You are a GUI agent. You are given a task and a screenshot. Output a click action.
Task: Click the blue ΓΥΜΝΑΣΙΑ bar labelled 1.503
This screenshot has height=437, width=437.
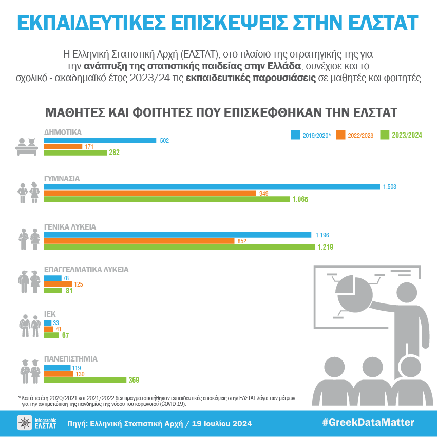tap(212, 186)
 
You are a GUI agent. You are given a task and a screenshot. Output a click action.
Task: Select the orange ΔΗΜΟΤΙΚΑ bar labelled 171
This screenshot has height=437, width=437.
tap(63, 147)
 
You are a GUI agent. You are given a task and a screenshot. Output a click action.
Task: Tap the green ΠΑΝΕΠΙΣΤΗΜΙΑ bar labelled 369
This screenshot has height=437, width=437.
tap(85, 380)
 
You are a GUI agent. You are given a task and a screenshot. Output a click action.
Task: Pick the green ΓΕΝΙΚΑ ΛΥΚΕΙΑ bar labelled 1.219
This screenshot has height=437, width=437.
tap(179, 247)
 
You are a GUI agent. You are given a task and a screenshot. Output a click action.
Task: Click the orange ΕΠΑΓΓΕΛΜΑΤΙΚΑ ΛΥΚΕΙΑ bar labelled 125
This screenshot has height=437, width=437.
tap(58, 284)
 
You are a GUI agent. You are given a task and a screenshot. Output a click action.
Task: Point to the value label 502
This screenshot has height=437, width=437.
tap(164, 141)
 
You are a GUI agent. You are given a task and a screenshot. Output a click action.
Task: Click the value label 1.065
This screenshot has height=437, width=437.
tap(300, 200)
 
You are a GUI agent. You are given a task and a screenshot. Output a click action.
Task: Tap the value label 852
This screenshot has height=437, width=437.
tap(242, 241)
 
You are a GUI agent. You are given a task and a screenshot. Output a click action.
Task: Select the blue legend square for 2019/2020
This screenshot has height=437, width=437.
tap(295, 135)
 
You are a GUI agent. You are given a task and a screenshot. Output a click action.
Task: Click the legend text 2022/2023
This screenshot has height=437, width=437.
tap(361, 136)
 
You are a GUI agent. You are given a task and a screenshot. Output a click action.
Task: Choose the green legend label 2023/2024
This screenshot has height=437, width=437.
tap(407, 136)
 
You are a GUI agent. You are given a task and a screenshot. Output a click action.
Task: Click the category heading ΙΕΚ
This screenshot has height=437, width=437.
tap(50, 313)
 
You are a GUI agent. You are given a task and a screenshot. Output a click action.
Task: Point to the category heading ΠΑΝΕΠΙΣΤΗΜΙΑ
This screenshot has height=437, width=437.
tap(70, 358)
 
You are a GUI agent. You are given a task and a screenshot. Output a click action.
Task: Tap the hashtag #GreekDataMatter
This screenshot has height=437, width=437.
tap(368, 423)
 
